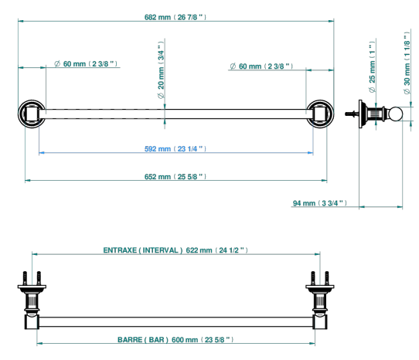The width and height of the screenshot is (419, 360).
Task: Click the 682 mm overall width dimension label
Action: click(175, 17)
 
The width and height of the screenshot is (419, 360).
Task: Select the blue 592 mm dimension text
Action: click(175, 149)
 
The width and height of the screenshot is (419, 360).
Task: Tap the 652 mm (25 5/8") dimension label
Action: click(175, 177)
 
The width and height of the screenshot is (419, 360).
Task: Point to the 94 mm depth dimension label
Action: click(320, 203)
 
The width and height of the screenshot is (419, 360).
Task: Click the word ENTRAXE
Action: click(120, 250)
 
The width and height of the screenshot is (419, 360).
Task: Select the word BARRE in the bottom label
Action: click(130, 340)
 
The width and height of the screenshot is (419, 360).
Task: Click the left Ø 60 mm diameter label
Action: click(86, 64)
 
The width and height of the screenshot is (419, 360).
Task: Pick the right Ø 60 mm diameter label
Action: click(261, 66)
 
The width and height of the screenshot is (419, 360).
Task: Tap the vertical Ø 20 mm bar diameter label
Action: click(161, 70)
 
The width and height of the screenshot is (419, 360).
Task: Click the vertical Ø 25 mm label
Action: click(372, 67)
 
